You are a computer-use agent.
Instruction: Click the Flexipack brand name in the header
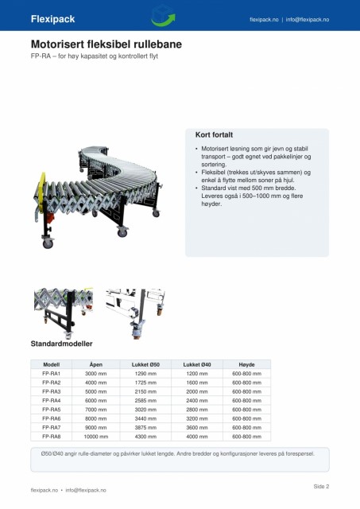(53, 19)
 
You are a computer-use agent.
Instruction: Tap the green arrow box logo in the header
(163, 15)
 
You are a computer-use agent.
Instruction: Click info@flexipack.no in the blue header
(308, 19)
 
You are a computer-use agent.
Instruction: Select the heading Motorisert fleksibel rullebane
(106, 45)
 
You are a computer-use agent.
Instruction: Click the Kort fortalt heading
(214, 134)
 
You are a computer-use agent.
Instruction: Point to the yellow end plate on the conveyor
(41, 188)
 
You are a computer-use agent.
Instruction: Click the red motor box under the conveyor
(50, 217)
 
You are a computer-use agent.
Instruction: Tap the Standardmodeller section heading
(62, 344)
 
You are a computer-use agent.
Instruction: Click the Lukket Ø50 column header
(145, 364)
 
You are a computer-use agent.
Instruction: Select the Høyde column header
(246, 364)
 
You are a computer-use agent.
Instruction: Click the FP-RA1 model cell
(51, 374)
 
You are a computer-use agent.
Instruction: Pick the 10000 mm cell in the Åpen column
(95, 437)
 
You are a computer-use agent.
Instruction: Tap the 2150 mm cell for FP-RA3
(145, 392)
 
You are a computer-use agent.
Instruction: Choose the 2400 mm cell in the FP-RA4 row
(197, 401)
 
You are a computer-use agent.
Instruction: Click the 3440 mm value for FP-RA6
(145, 419)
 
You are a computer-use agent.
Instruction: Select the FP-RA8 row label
(51, 437)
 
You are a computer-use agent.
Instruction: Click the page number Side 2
(321, 486)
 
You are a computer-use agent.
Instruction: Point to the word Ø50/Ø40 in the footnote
(52, 453)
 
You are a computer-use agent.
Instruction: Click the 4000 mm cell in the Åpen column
(95, 383)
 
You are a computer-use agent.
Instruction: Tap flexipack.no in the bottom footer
(45, 490)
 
